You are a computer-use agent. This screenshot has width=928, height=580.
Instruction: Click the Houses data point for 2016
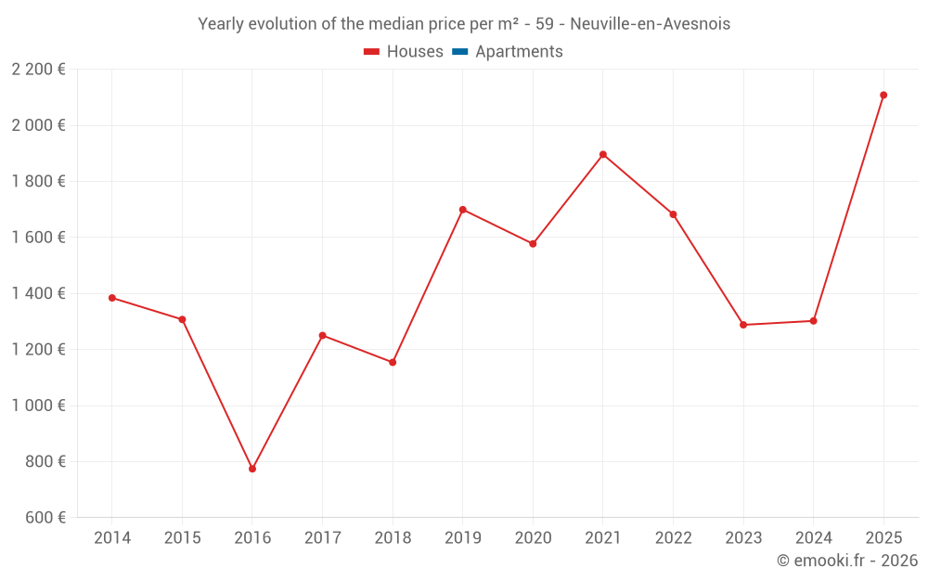pos(252,469)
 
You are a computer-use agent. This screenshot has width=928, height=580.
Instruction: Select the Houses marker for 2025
pos(883,95)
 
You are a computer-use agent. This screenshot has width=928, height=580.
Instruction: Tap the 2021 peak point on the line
pos(603,154)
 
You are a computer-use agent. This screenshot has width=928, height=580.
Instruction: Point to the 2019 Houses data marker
pos(463,210)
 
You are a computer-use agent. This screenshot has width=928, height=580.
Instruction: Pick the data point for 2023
pos(743,325)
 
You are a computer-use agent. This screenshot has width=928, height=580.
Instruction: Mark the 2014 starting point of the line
pos(112,298)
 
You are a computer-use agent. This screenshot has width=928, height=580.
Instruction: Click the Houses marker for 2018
pos(393,362)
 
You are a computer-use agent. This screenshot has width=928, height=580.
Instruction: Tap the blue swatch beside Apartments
pos(459,52)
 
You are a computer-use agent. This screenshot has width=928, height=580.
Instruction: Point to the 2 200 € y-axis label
pos(38,69)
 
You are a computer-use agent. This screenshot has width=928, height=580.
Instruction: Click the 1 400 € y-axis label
pos(38,293)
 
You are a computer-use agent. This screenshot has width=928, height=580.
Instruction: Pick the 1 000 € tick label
pos(38,406)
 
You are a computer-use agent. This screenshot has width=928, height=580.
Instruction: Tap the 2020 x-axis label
pos(533,538)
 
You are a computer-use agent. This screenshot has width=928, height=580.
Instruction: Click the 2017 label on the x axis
pos(322,538)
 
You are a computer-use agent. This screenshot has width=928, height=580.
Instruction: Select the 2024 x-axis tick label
pos(813,538)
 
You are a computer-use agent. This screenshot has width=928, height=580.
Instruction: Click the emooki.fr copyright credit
pos(847,561)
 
